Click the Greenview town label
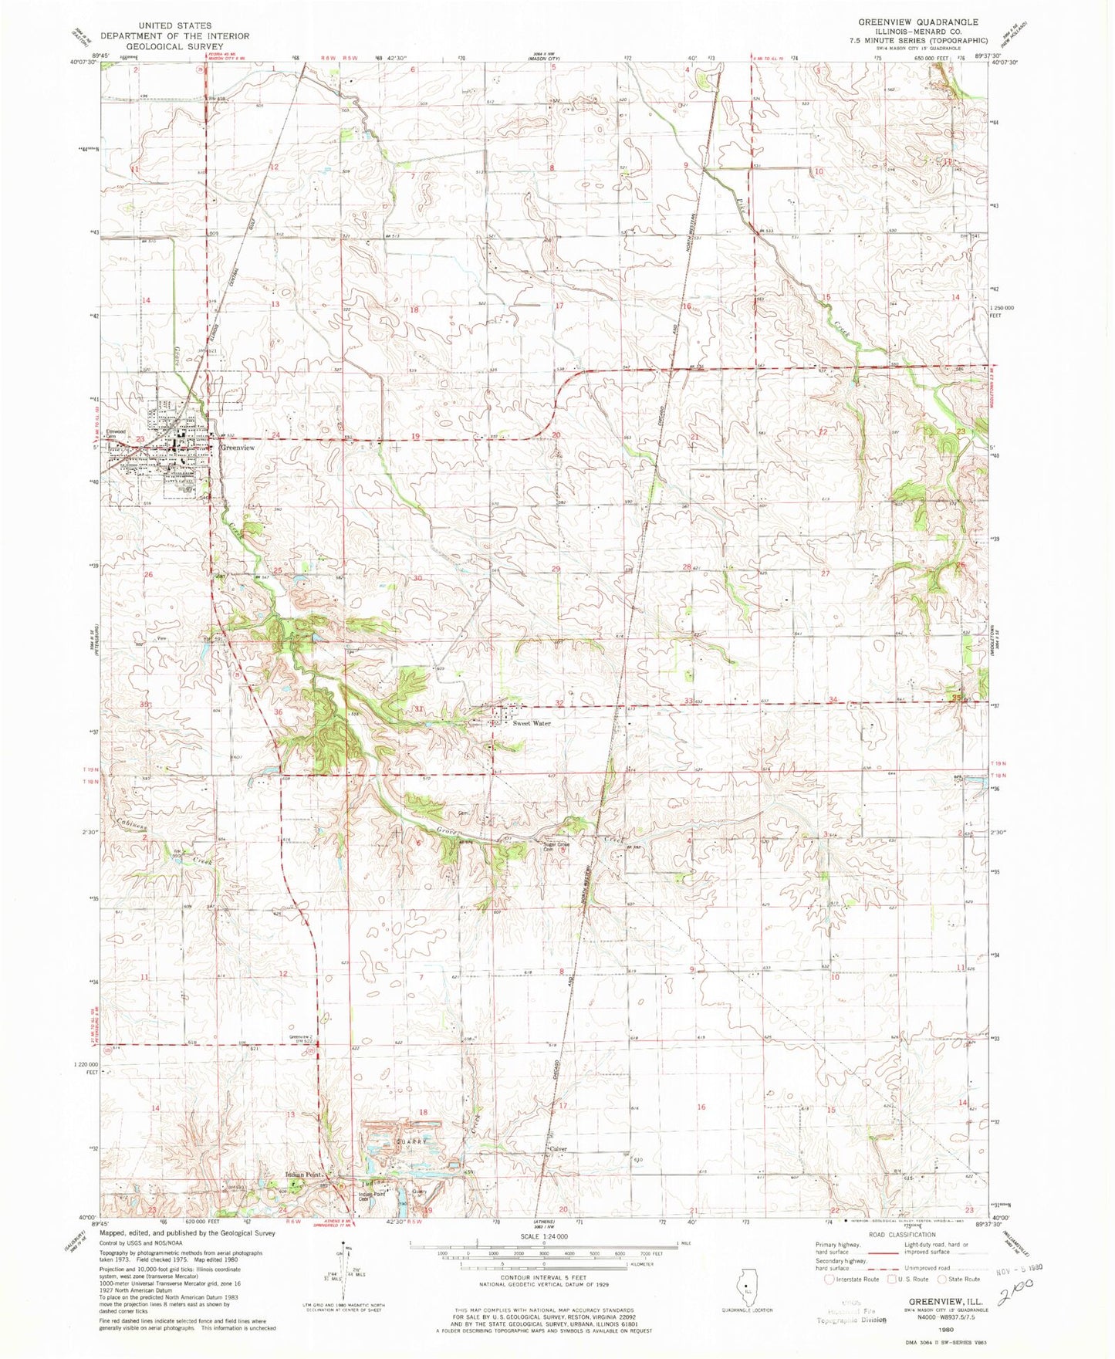point(238,448)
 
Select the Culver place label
point(559,1148)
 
